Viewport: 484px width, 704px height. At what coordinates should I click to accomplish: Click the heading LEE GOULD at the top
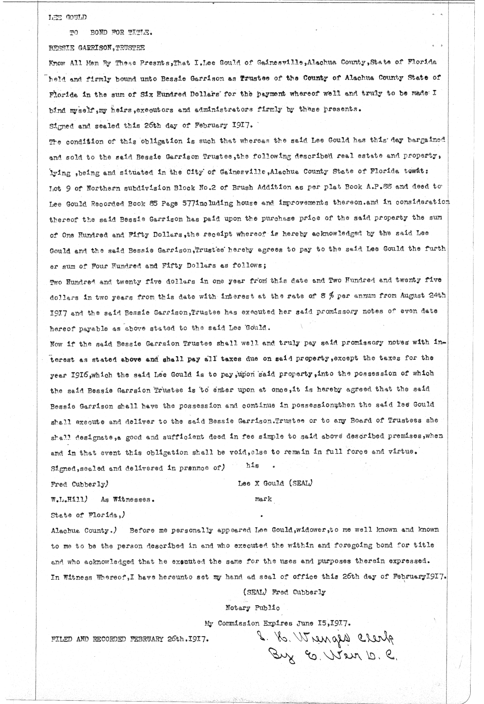[67, 17]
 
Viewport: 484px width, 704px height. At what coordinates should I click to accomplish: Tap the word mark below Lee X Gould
[263, 499]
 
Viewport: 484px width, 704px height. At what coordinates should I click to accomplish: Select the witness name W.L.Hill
[67, 499]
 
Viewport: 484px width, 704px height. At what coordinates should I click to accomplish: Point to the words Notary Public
[252, 607]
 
